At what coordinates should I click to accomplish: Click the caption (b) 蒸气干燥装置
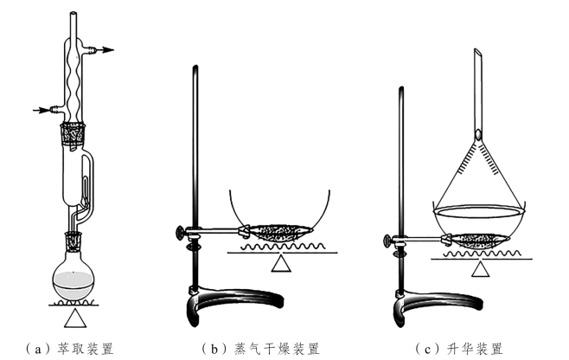(260, 349)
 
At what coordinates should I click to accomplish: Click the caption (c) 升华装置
(459, 349)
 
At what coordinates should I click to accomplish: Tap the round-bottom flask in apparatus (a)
(74, 274)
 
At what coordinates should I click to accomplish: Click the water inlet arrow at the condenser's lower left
(42, 110)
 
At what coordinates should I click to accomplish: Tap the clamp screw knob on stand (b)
(180, 231)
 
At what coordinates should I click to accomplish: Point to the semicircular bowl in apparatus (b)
(279, 208)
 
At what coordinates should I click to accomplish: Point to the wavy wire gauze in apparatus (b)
(279, 247)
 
